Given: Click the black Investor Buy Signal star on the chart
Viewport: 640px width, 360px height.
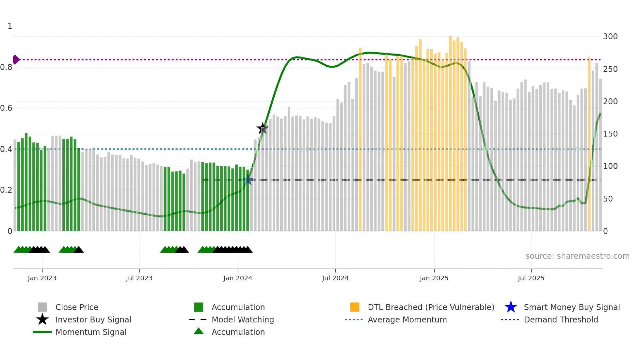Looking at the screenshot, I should (x=262, y=128).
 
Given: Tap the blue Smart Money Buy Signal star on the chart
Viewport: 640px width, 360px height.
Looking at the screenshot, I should (x=248, y=180).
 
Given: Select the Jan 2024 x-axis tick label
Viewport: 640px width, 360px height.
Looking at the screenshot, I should (x=238, y=278).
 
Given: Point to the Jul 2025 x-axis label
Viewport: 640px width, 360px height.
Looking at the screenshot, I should (x=531, y=278).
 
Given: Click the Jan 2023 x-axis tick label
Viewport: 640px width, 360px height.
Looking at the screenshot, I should (x=42, y=278).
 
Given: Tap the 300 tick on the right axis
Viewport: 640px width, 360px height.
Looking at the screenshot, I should (x=610, y=36).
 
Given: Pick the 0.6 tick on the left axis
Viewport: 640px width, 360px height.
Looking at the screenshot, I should (x=7, y=108).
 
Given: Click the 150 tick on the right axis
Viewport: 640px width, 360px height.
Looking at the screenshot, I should (x=610, y=134).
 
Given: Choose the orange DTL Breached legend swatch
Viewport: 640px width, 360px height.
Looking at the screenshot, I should (x=355, y=307).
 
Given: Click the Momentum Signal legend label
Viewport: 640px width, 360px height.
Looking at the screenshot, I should (x=91, y=332).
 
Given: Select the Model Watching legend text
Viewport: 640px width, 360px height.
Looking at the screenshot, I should (x=243, y=319).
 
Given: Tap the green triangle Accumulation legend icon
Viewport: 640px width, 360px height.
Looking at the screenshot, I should (x=199, y=331).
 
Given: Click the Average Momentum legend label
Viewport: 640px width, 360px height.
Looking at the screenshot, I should (x=407, y=319).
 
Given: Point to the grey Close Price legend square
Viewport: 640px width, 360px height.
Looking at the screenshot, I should (x=42, y=307).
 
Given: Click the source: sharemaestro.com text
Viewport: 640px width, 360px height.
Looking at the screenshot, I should (x=577, y=256).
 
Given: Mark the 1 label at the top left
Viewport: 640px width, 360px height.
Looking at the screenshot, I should (x=10, y=26).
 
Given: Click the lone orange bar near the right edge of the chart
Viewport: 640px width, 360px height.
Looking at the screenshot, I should (x=589, y=144).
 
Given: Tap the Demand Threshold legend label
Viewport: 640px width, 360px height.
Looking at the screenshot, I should (x=561, y=319).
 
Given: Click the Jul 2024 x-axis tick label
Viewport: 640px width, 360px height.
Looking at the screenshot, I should (x=335, y=278).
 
